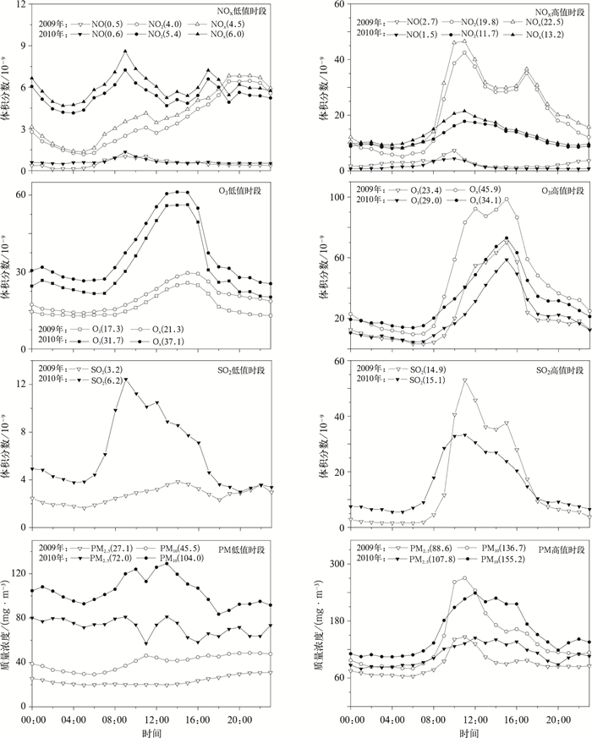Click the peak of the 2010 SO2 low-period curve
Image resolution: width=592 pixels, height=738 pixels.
point(126,380)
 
